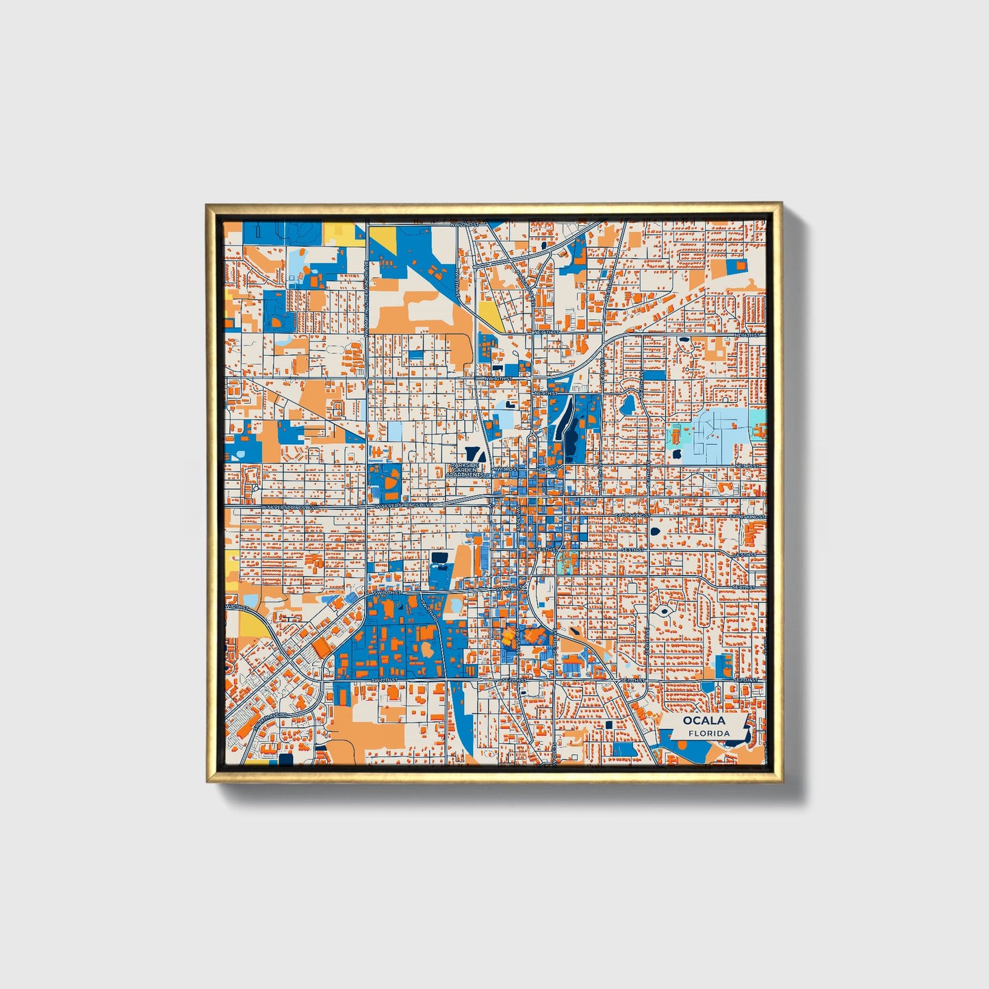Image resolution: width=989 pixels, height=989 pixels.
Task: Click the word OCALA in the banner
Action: click(x=703, y=720)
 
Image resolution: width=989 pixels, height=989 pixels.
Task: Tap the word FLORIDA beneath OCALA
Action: click(x=709, y=733)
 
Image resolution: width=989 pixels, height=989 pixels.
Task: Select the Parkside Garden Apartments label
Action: click(x=465, y=470)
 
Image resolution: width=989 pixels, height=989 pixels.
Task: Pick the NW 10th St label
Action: click(x=498, y=378)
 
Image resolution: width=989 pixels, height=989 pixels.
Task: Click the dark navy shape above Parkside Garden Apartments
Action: click(x=471, y=452)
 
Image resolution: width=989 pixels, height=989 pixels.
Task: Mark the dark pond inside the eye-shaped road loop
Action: click(x=663, y=611)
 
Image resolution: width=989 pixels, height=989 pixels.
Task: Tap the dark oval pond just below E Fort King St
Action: click(x=655, y=531)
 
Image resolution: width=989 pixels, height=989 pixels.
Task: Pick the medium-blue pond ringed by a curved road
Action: click(x=627, y=404)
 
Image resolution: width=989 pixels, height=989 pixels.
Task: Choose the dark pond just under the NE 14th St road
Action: click(x=683, y=339)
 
